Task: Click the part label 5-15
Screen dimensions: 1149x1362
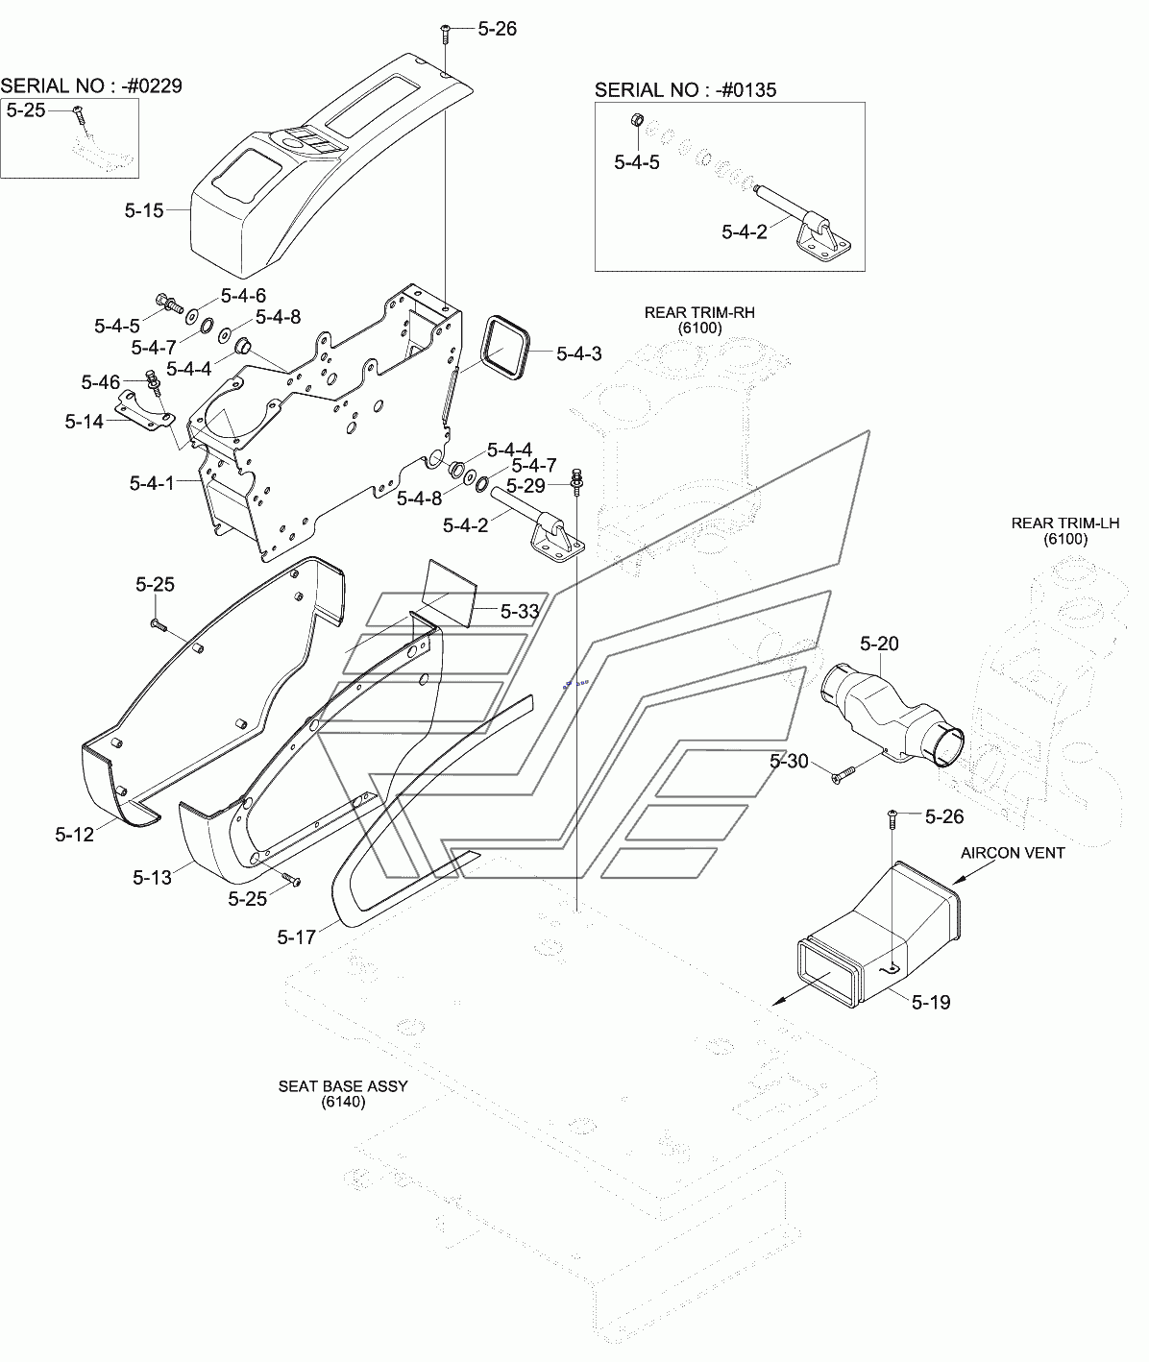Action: (x=143, y=210)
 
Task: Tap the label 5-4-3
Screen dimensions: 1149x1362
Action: (x=578, y=353)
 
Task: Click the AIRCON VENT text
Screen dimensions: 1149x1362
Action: (x=1013, y=853)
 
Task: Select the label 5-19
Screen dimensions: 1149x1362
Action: (x=931, y=1002)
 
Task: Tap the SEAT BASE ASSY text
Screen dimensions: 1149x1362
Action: (x=343, y=1086)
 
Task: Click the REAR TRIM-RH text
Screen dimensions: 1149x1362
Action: (x=699, y=312)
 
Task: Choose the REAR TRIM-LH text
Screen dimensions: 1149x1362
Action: (x=1065, y=523)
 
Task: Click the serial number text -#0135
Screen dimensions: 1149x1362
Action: (x=746, y=90)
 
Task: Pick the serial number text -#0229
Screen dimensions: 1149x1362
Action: (x=152, y=86)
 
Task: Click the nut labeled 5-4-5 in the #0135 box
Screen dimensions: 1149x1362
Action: (x=638, y=121)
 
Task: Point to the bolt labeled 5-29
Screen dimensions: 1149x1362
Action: (x=576, y=479)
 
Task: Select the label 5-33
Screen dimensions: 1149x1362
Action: (x=520, y=611)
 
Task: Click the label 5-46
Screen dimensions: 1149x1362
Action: (x=101, y=382)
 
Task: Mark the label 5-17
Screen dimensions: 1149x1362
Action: (x=296, y=937)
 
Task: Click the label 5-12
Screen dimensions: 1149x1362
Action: (x=74, y=835)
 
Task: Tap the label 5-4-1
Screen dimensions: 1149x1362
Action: (x=152, y=483)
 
